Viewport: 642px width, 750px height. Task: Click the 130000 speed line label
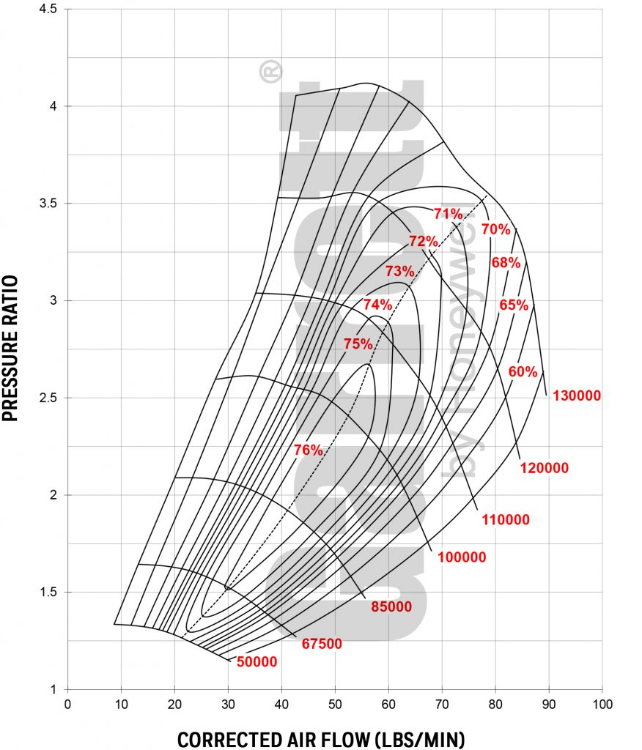point(577,396)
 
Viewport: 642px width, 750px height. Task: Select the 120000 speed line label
point(545,468)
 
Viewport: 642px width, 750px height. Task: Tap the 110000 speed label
point(506,519)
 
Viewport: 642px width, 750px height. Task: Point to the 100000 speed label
point(462,557)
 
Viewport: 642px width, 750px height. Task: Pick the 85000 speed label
point(391,606)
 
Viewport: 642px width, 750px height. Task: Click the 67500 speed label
point(322,644)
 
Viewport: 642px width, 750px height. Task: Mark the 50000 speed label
point(257,662)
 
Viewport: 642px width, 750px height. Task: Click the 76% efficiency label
point(309,450)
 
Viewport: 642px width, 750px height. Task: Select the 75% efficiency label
point(358,344)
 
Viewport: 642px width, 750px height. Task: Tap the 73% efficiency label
point(399,271)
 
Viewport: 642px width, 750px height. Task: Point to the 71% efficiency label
point(448,213)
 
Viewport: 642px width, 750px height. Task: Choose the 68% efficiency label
point(506,262)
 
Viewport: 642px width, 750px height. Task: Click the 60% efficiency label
point(523,371)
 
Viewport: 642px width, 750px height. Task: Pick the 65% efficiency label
point(514,305)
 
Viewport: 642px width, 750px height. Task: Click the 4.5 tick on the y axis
point(48,9)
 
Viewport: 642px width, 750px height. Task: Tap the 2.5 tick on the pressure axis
point(48,398)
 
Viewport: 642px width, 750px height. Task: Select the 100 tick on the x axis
point(602,704)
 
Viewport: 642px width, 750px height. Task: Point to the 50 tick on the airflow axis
point(335,704)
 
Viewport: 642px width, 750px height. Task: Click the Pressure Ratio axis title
point(10,348)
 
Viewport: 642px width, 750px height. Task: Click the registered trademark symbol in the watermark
point(270,71)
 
